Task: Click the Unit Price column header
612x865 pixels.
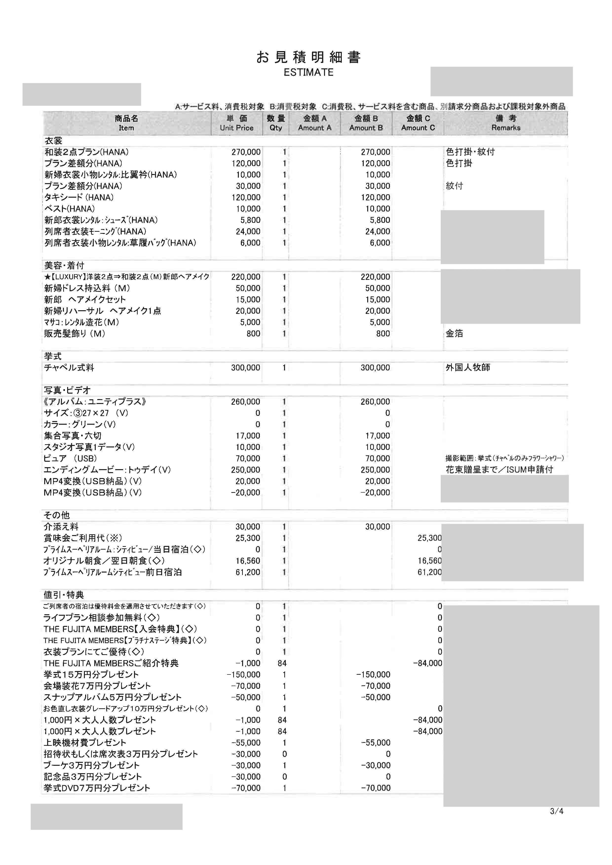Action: click(237, 123)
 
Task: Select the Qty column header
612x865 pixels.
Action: click(276, 123)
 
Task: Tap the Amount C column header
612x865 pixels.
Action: click(418, 123)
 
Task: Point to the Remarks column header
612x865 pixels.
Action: click(506, 123)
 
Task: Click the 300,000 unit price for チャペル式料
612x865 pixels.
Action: click(245, 367)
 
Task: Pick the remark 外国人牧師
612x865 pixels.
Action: click(468, 367)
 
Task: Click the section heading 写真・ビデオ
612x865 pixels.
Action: click(67, 390)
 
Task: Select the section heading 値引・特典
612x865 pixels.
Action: click(64, 595)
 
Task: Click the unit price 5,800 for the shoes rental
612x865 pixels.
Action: click(250, 220)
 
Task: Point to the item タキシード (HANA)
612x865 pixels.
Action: click(79, 197)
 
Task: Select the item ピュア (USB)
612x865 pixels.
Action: click(71, 458)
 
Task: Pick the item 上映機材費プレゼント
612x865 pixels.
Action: click(85, 743)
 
